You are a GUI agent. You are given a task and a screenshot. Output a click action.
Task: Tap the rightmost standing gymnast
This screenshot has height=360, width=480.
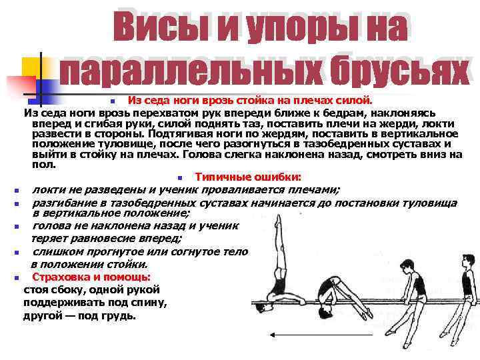coord(466,281)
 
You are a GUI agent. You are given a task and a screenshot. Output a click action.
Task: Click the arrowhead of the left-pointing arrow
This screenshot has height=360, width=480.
coord(272,337)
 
